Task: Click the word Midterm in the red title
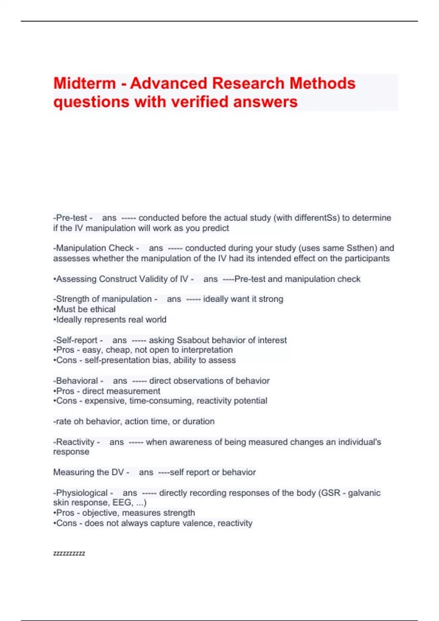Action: (x=85, y=83)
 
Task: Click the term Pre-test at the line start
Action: (x=72, y=218)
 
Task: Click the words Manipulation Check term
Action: (x=95, y=248)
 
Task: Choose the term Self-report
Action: (x=77, y=340)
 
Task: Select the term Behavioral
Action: (x=77, y=381)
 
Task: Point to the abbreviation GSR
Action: (x=330, y=493)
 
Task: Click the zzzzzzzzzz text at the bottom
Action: (x=69, y=553)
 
